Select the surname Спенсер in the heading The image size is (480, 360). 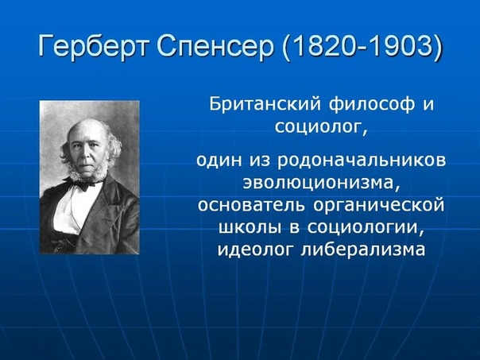[215, 46]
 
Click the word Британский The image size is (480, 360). [265, 104]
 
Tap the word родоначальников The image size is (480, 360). [362, 161]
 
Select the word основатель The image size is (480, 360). [251, 205]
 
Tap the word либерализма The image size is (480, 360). [363, 250]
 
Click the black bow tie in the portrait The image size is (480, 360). [84, 184]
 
